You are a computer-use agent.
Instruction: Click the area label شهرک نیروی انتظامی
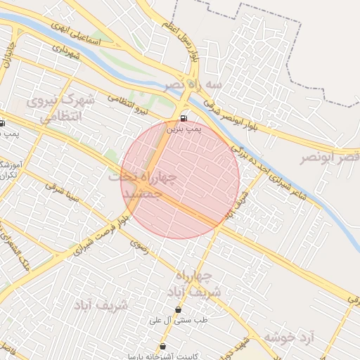[x=60, y=109]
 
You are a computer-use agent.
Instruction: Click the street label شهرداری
[x=67, y=51]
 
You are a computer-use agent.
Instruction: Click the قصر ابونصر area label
[x=330, y=157]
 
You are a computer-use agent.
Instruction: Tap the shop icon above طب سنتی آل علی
[x=178, y=309]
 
